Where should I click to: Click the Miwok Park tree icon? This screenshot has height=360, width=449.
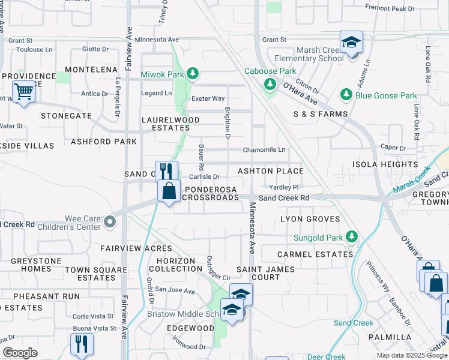[192, 74]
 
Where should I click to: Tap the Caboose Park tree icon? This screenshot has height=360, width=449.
[268, 84]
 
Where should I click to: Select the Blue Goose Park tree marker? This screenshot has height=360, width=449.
[346, 95]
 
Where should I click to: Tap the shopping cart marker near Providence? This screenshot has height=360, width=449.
[23, 92]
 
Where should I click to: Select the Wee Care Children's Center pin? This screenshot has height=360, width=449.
[109, 223]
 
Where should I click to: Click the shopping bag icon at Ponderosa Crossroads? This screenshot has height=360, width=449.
[170, 191]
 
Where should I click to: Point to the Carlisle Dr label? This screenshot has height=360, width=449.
[205, 177]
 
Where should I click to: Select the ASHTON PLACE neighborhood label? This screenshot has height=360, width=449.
[270, 171]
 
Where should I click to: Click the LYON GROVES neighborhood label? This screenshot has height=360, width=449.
[310, 219]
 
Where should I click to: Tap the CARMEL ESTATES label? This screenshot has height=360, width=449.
[315, 254]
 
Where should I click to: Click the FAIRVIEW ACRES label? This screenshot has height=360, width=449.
[136, 248]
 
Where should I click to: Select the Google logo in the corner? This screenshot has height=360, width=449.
[20, 353]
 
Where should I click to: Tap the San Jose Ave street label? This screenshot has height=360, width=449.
[175, 290]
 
